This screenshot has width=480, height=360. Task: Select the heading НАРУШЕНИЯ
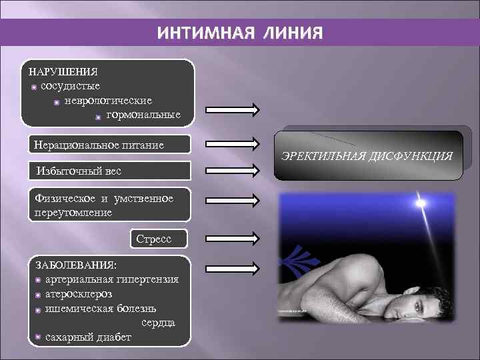tap(63, 71)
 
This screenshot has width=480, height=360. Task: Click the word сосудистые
tap(70, 86)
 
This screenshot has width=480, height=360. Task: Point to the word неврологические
tap(108, 101)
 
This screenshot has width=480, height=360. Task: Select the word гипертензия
tap(147, 279)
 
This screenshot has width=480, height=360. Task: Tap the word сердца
tap(158, 323)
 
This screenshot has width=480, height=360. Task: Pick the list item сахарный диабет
tap(87, 337)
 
